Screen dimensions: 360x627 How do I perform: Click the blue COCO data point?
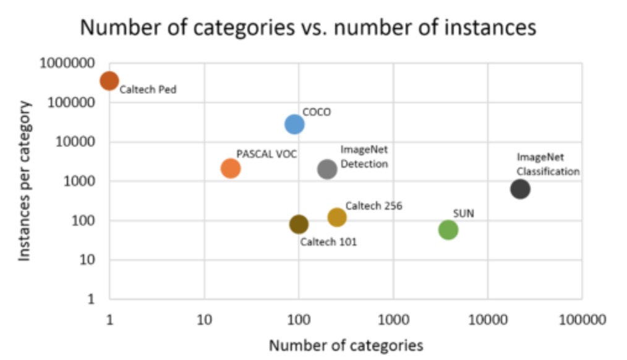(294, 124)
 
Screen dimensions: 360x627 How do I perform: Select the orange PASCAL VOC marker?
(230, 168)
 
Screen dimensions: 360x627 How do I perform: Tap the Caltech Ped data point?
(109, 80)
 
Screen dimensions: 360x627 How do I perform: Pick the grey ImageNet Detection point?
(327, 169)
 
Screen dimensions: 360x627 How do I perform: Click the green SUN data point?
(448, 230)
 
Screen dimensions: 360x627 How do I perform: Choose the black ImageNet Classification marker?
(520, 189)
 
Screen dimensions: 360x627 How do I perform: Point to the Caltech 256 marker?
(337, 217)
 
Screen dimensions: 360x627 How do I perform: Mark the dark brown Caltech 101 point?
(299, 224)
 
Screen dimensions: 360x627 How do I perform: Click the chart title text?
(308, 28)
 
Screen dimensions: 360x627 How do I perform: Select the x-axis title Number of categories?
(346, 345)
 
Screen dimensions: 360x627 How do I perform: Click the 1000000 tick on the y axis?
(67, 63)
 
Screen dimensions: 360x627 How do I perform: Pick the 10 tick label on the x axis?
(204, 320)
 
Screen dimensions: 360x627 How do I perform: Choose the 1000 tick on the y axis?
(80, 181)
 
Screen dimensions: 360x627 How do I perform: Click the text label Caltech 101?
(328, 242)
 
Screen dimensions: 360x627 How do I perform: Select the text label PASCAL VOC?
(267, 154)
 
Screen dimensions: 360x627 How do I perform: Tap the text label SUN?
(464, 214)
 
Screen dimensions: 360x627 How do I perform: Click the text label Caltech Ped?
(148, 90)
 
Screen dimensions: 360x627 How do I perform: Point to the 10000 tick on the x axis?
(487, 320)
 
